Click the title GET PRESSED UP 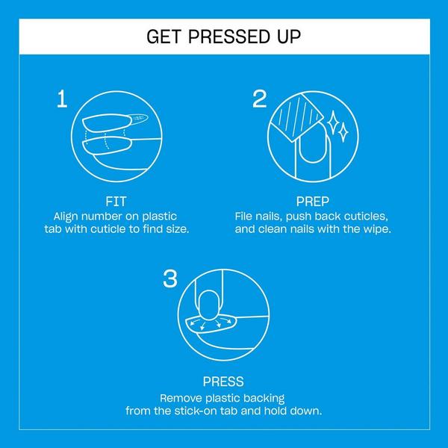click(224, 37)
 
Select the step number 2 click(259, 99)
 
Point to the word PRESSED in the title click(223, 37)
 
